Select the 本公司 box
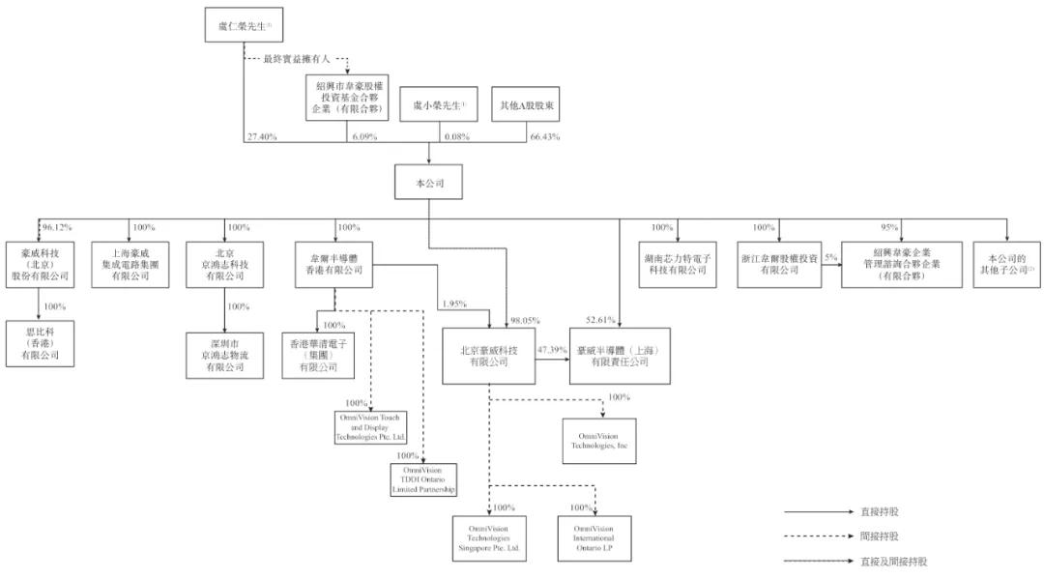point(427,184)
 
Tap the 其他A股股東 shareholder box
point(526,105)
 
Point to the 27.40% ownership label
point(262,138)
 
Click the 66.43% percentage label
point(546,138)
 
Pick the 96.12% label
point(56,228)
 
